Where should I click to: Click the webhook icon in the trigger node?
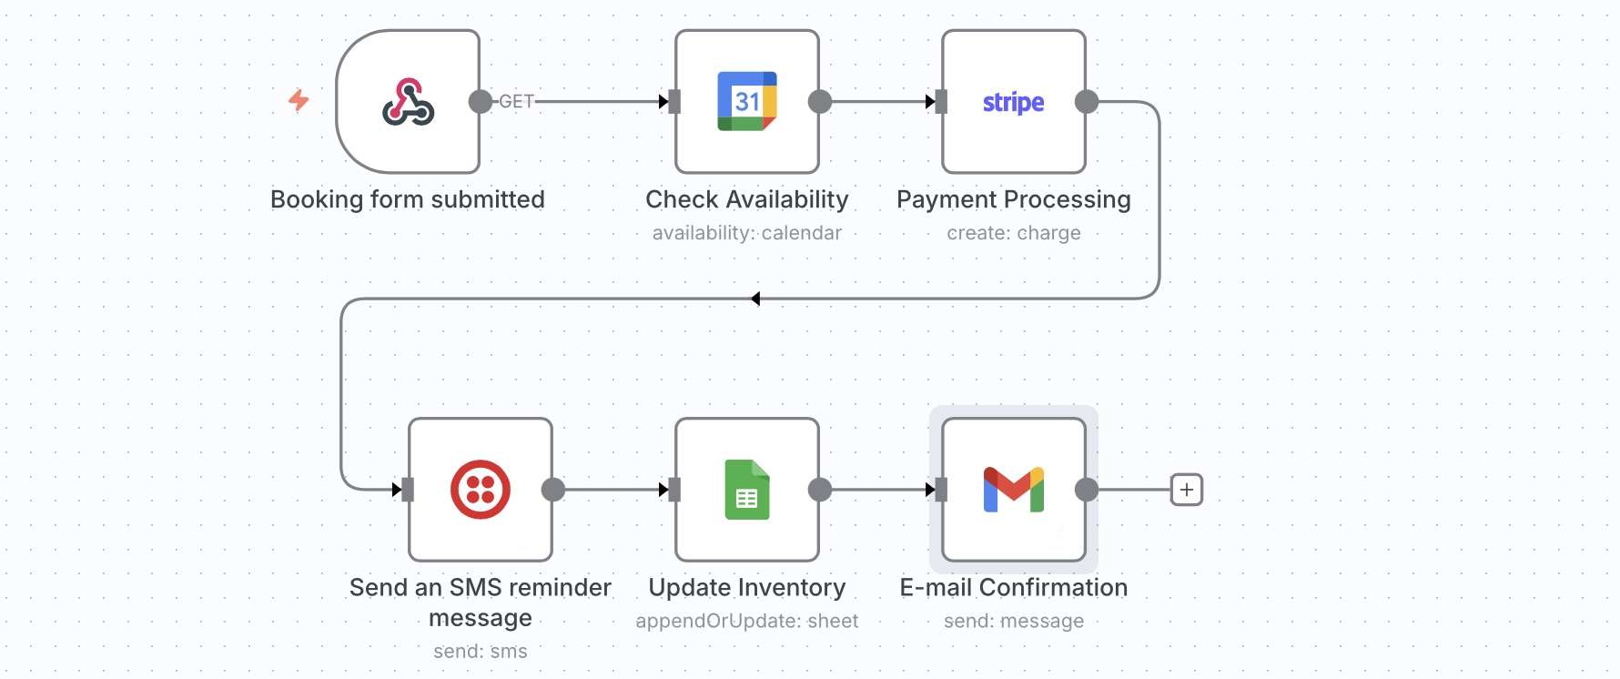tap(408, 102)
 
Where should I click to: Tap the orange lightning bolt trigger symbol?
tap(299, 100)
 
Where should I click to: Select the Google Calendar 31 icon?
tap(747, 101)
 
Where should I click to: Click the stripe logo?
tap(1013, 102)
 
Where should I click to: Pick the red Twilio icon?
tap(481, 490)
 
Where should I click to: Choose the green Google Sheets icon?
tap(747, 490)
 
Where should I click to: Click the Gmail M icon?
tap(1013, 490)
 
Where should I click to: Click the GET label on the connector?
tap(516, 102)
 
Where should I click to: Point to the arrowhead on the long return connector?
tap(755, 299)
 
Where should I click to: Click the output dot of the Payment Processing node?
tap(1087, 102)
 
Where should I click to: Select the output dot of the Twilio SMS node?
tap(553, 490)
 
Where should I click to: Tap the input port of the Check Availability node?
tap(674, 102)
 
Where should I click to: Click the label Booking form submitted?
tap(408, 199)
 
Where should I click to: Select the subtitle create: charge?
tap(1013, 233)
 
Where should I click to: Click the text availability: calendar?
tap(747, 233)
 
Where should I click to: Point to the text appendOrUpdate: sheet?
tap(747, 621)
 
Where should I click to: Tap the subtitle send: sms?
tap(481, 651)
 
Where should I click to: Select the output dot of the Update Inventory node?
tap(820, 490)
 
